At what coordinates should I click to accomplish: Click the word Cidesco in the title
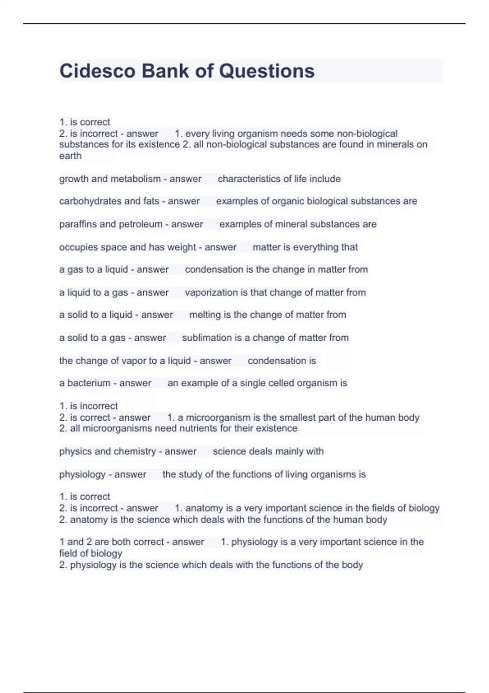pyautogui.click(x=97, y=71)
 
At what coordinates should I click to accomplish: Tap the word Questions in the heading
pyautogui.click(x=267, y=71)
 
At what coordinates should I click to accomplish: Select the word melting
pyautogui.click(x=205, y=315)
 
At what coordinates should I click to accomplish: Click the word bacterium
pyautogui.click(x=89, y=383)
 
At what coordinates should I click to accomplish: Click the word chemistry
pyautogui.click(x=136, y=452)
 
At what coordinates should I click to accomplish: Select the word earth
pyautogui.click(x=70, y=156)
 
